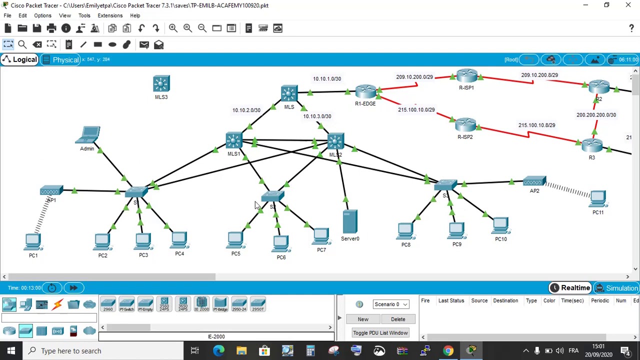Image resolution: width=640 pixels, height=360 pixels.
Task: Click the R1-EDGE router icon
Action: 365,92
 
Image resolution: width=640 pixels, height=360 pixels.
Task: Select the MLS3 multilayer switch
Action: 161,84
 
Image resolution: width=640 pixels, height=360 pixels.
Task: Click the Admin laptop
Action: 89,135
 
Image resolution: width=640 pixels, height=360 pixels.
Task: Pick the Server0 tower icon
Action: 350,222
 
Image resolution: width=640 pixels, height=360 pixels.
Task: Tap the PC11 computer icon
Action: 598,199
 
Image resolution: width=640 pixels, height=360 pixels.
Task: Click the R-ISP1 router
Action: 466,76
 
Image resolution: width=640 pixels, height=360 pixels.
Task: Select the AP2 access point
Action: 534,182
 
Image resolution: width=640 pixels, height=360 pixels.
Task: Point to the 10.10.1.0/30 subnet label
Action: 327,79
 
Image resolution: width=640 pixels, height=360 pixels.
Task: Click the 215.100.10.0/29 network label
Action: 416,110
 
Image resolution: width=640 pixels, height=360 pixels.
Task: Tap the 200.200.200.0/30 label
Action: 596,115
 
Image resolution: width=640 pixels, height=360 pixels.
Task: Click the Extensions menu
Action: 110,15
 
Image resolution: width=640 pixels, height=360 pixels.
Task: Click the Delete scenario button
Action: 398,319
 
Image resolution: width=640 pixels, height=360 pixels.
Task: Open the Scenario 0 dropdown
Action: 391,304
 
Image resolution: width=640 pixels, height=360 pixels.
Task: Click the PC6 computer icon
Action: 281,243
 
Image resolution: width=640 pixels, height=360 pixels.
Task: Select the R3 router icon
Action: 592,146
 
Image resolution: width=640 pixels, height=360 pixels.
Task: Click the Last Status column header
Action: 451,301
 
